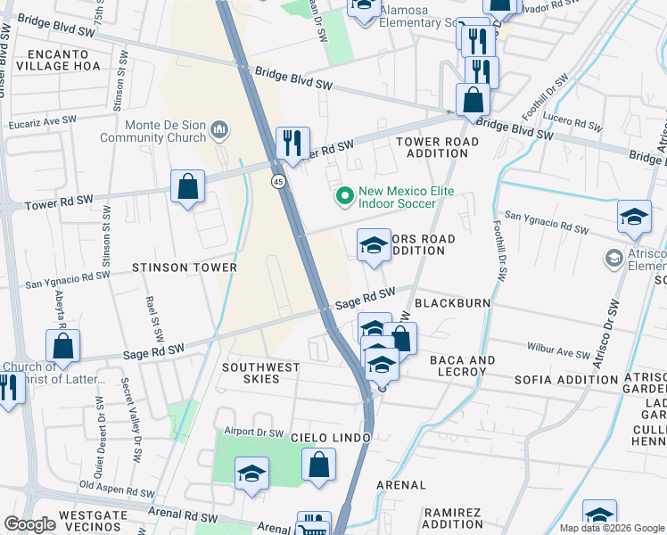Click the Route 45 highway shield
(x=278, y=182)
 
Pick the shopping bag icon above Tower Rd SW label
(x=187, y=187)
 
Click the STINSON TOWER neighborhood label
(x=185, y=267)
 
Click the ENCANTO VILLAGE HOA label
(x=57, y=60)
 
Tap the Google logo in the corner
(x=29, y=524)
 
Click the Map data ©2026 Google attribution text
(x=612, y=528)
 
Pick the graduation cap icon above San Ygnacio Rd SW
(x=634, y=218)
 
